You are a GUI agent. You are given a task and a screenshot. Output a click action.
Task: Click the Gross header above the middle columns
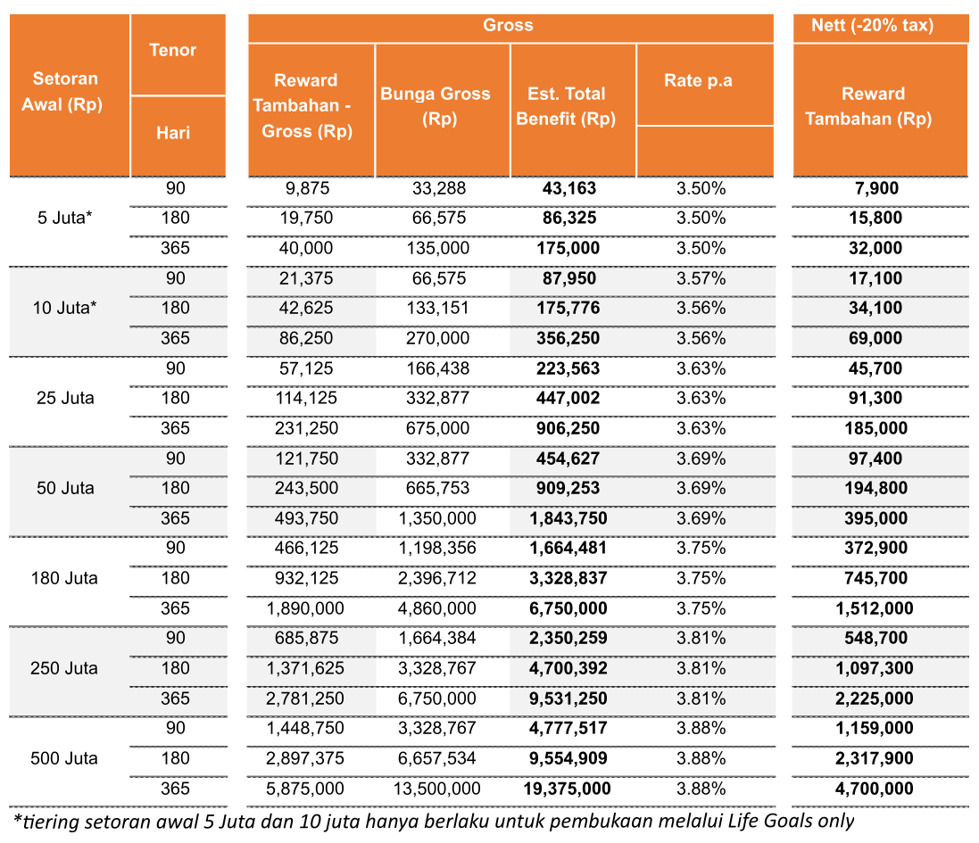(508, 25)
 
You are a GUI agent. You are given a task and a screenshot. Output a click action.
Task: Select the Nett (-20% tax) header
(872, 25)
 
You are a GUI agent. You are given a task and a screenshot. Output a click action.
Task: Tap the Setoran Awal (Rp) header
(63, 91)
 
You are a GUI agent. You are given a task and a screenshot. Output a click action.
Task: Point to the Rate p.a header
(698, 80)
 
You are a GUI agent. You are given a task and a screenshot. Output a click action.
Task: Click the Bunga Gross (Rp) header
(436, 106)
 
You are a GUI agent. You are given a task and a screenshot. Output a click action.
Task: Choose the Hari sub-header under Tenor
(173, 133)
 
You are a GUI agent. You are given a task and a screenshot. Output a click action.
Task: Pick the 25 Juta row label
(65, 398)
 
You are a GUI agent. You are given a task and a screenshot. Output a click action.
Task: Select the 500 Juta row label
(64, 759)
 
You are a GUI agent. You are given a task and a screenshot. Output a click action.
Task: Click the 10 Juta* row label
(65, 309)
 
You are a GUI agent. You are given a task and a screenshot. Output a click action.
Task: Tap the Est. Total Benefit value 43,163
(568, 188)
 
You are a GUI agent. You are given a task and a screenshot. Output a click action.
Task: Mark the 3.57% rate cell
(701, 278)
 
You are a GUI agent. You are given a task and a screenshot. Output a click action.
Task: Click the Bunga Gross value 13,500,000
(437, 789)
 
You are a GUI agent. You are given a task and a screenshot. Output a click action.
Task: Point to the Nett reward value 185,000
(876, 429)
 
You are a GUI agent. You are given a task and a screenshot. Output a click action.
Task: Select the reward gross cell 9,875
(307, 188)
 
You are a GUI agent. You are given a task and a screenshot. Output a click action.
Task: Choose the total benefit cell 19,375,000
(567, 789)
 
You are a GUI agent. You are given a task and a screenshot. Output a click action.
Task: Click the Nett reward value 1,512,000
(875, 608)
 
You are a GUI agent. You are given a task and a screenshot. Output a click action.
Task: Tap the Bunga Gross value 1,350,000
(437, 518)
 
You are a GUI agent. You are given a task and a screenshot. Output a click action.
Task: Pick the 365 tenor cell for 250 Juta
(176, 698)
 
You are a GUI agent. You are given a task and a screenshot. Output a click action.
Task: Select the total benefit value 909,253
(568, 489)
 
